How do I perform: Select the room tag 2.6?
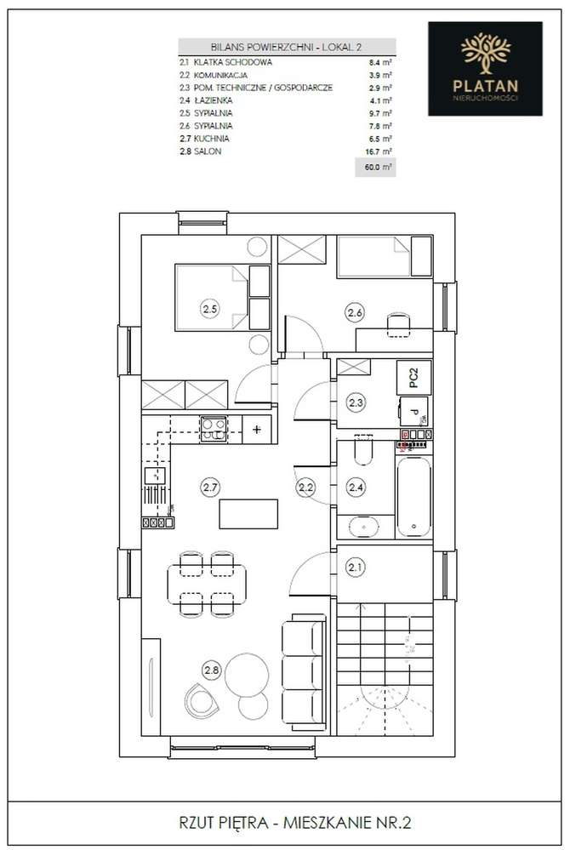(x=356, y=313)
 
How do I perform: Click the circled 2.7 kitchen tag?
(x=210, y=488)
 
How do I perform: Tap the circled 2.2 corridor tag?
(x=305, y=488)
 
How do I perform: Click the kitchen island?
(x=248, y=515)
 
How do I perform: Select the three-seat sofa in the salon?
(x=302, y=663)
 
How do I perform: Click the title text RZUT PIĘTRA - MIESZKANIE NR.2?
(x=285, y=822)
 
